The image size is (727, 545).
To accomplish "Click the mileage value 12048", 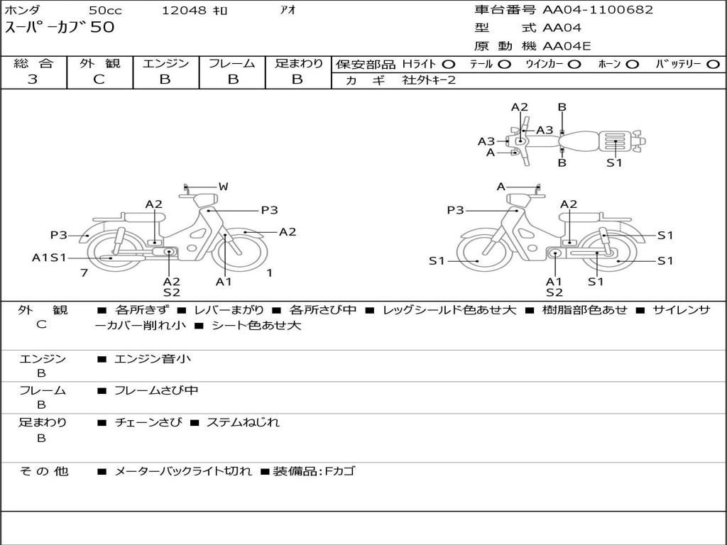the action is [184, 11].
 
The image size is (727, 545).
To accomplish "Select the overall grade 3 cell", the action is [33, 79].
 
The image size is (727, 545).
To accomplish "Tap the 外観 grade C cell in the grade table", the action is [99, 79].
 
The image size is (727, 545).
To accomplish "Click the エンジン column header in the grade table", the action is [165, 63].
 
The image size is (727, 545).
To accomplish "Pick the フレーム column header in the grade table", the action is [231, 63].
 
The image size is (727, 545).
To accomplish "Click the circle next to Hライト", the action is [449, 64].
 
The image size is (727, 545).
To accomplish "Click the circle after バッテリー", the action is [713, 64].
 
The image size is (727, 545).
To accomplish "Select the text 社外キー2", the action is [429, 80].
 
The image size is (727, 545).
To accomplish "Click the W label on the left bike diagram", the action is [223, 187].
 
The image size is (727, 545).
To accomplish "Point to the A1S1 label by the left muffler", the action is [49, 258].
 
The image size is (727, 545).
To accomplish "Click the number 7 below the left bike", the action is [84, 272].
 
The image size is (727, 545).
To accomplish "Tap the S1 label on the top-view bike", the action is [614, 163].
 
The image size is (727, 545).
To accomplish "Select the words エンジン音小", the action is [153, 359].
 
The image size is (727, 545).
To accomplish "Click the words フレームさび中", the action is [156, 390].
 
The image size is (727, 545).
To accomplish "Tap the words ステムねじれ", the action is [243, 422].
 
